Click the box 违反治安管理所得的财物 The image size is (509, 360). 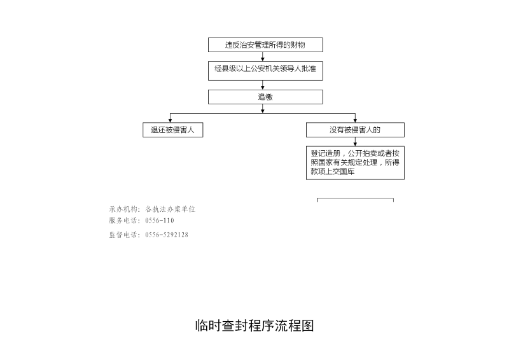[265, 45]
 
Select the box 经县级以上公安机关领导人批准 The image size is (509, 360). [265, 71]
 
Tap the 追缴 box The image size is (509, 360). [265, 97]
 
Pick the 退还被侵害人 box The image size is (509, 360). [172, 130]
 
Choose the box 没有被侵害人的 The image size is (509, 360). [355, 130]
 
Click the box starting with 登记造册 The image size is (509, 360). [355, 163]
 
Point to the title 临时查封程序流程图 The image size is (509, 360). [254, 326]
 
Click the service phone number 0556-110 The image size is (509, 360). [160, 221]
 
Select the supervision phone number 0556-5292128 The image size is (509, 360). [167, 235]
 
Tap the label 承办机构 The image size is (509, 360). [123, 209]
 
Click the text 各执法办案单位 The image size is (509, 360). [170, 209]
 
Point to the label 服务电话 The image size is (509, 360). [123, 221]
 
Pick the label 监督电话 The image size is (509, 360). [123, 235]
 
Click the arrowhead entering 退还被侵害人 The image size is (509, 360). [170, 120]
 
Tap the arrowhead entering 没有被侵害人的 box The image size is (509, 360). [355, 120]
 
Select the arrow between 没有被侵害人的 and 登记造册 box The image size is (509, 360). [355, 142]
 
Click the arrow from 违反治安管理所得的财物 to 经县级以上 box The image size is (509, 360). [263, 57]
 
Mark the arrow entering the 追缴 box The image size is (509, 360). [263, 85]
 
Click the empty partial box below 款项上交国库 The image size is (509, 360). [355, 198]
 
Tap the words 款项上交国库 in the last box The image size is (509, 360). [332, 171]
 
